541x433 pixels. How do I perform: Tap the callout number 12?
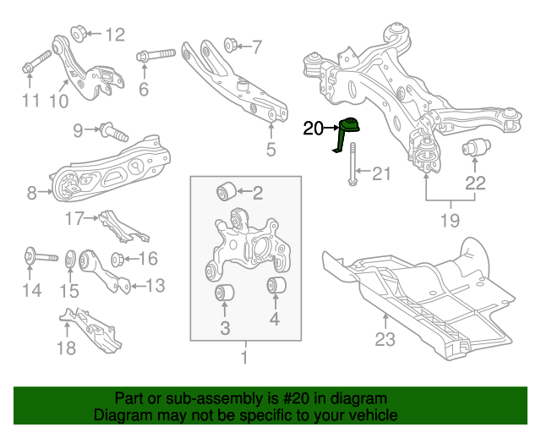coord(114,35)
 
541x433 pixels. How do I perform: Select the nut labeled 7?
coord(228,43)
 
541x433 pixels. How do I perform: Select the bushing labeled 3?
coord(225,293)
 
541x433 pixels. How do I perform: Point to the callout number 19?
coord(450,222)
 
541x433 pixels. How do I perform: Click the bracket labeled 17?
coord(113,223)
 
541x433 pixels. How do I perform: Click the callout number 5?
coord(270,151)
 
